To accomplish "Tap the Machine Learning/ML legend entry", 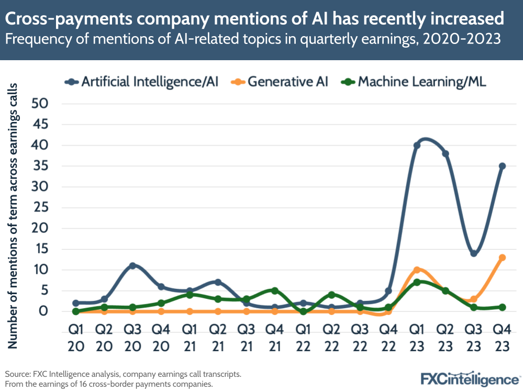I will click(x=414, y=82).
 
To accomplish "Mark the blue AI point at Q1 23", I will click(x=417, y=145).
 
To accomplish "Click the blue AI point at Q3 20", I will click(x=132, y=266).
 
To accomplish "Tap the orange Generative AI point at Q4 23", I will click(x=502, y=257).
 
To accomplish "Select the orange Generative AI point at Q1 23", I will click(x=417, y=270).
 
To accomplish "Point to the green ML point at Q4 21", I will click(x=275, y=290).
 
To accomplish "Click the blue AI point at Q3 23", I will click(x=474, y=253).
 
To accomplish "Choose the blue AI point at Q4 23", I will click(x=502, y=166).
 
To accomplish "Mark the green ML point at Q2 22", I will click(x=331, y=295).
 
